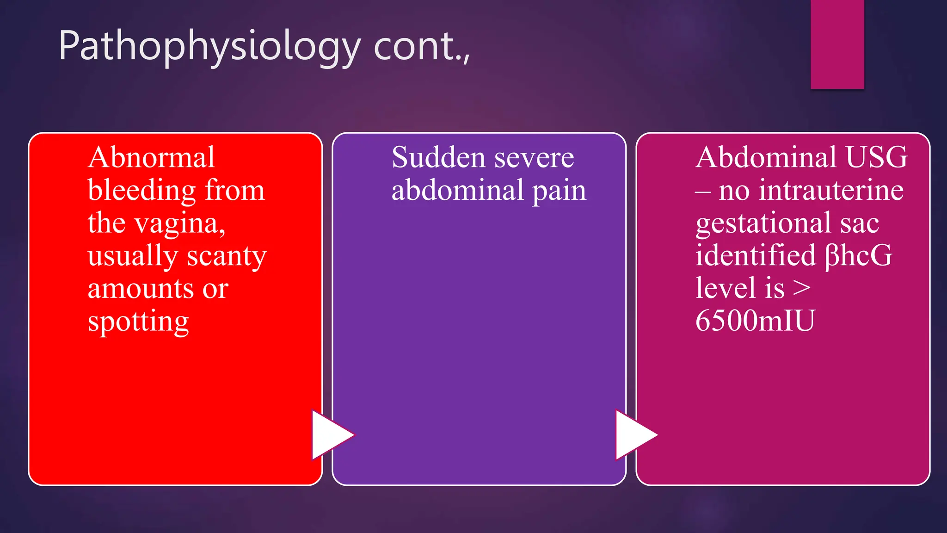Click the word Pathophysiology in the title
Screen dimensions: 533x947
click(x=209, y=46)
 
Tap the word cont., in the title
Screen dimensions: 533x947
click(x=422, y=46)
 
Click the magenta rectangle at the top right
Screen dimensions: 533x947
click(x=837, y=44)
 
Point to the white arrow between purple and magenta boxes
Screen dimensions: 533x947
click(x=634, y=435)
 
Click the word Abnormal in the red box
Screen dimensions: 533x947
click(x=151, y=157)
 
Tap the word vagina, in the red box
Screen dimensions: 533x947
click(x=180, y=224)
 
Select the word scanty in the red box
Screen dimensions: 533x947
click(x=226, y=256)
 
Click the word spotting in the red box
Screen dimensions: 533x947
click(x=138, y=322)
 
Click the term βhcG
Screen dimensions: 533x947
click(x=859, y=255)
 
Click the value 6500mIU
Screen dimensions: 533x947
click(x=755, y=321)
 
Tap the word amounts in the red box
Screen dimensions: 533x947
click(x=141, y=289)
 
